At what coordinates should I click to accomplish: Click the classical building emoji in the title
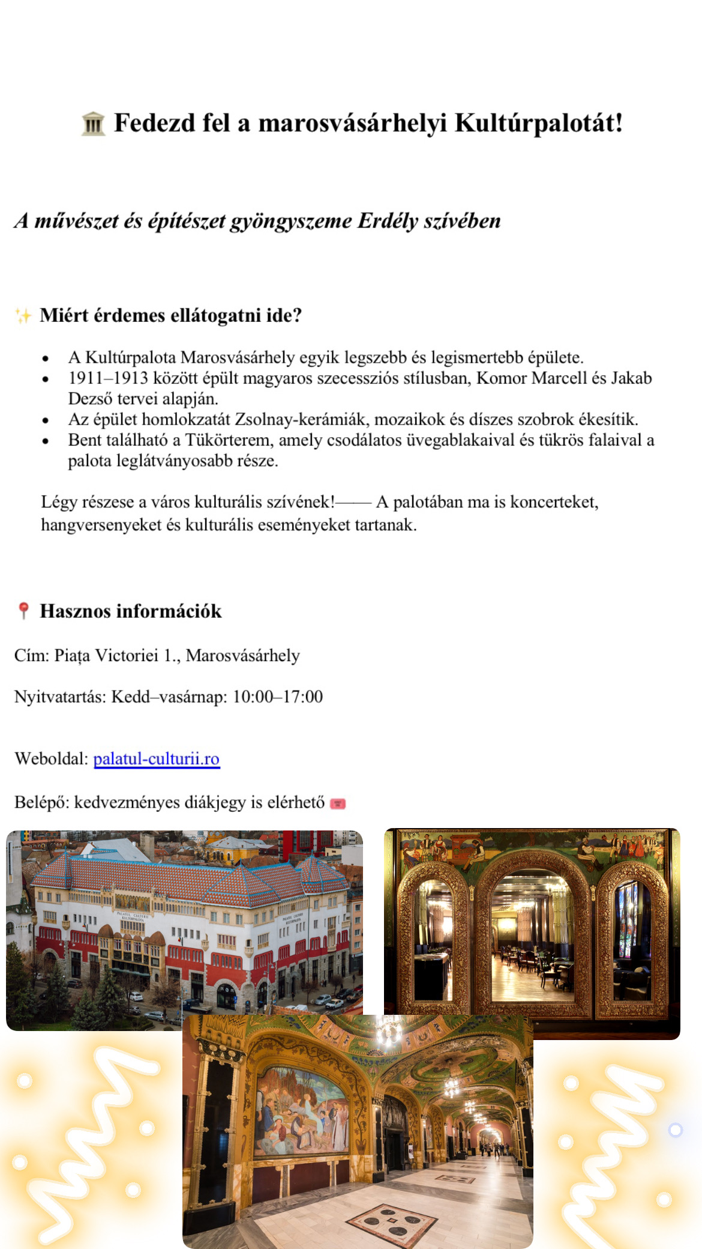pos(93,124)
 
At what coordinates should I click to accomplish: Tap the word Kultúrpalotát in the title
pos(538,123)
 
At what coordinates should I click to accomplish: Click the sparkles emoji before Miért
pos(23,316)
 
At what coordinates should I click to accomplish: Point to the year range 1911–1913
pos(108,378)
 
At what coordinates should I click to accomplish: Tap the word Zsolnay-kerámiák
pos(300,419)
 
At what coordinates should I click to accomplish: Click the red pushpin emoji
pos(23,611)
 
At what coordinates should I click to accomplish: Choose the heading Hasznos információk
pos(131,611)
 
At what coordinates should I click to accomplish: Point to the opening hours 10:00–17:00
pos(278,697)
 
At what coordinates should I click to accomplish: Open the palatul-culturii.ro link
pos(157,759)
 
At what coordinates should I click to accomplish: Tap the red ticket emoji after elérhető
pos(338,803)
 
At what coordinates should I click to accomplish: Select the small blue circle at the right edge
pos(675,1130)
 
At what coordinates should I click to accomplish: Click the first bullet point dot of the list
pos(46,358)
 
